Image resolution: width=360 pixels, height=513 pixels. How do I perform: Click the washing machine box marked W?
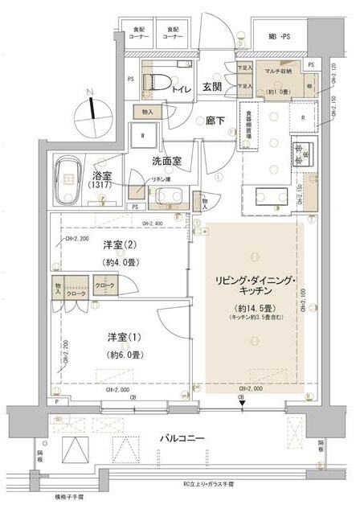tap(143, 135)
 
